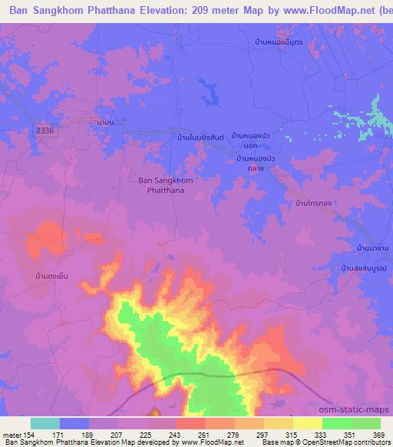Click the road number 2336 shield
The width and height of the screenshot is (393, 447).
click(x=45, y=131)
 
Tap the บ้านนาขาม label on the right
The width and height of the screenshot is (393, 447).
click(x=372, y=248)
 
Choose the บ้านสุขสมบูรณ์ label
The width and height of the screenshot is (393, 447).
click(x=365, y=269)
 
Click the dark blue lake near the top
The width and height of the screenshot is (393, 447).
click(x=208, y=92)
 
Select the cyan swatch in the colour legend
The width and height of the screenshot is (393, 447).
click(x=45, y=423)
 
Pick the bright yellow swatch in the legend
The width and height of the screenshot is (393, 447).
click(x=308, y=423)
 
